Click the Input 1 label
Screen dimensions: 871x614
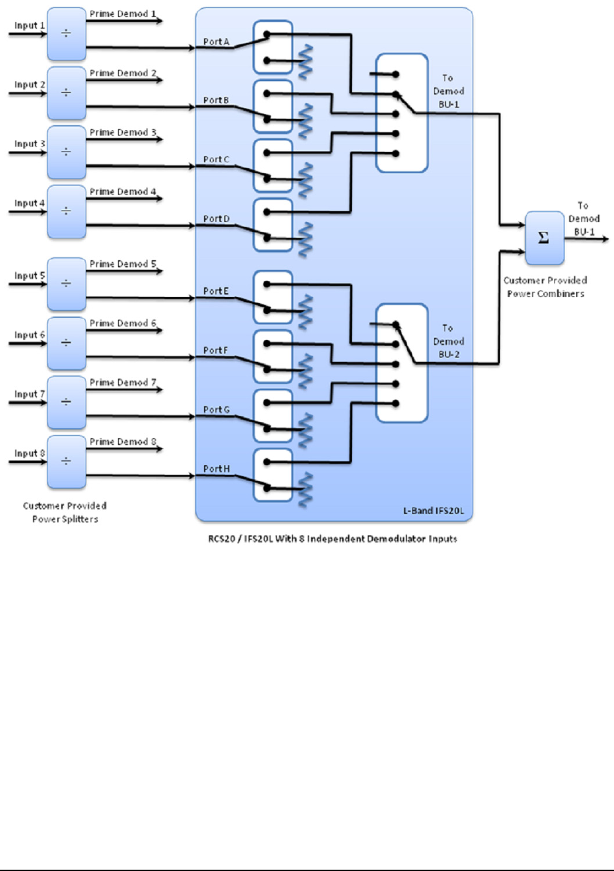(x=30, y=25)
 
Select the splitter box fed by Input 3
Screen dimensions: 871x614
(x=66, y=152)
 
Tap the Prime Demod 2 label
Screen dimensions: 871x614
(x=123, y=73)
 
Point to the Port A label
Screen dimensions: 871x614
(x=216, y=42)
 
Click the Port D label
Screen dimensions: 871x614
(x=216, y=219)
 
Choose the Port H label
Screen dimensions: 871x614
(x=216, y=468)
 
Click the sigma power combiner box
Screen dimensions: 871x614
(x=544, y=238)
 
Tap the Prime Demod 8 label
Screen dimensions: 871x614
(x=123, y=442)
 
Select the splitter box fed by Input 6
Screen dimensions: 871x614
(x=66, y=343)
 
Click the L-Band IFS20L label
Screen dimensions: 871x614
(x=433, y=511)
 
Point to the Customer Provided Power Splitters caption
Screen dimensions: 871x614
(x=65, y=512)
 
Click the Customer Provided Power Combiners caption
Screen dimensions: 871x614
(x=545, y=287)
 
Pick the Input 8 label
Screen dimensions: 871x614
(x=30, y=453)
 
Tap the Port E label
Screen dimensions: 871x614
(x=216, y=291)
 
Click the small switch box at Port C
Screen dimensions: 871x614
(x=272, y=165)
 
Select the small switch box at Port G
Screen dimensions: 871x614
(x=272, y=416)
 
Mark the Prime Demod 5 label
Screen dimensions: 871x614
(x=123, y=264)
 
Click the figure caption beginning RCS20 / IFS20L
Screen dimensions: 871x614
(x=328, y=539)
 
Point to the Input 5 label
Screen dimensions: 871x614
(x=30, y=276)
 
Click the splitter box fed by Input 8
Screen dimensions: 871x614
(x=66, y=462)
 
